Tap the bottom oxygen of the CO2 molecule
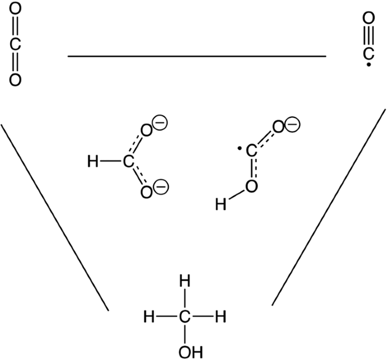pos(15,79)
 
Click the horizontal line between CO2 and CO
pos(197,56)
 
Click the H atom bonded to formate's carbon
pos(93,163)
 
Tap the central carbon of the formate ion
pos(129,163)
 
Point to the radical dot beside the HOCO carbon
pos(240,150)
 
